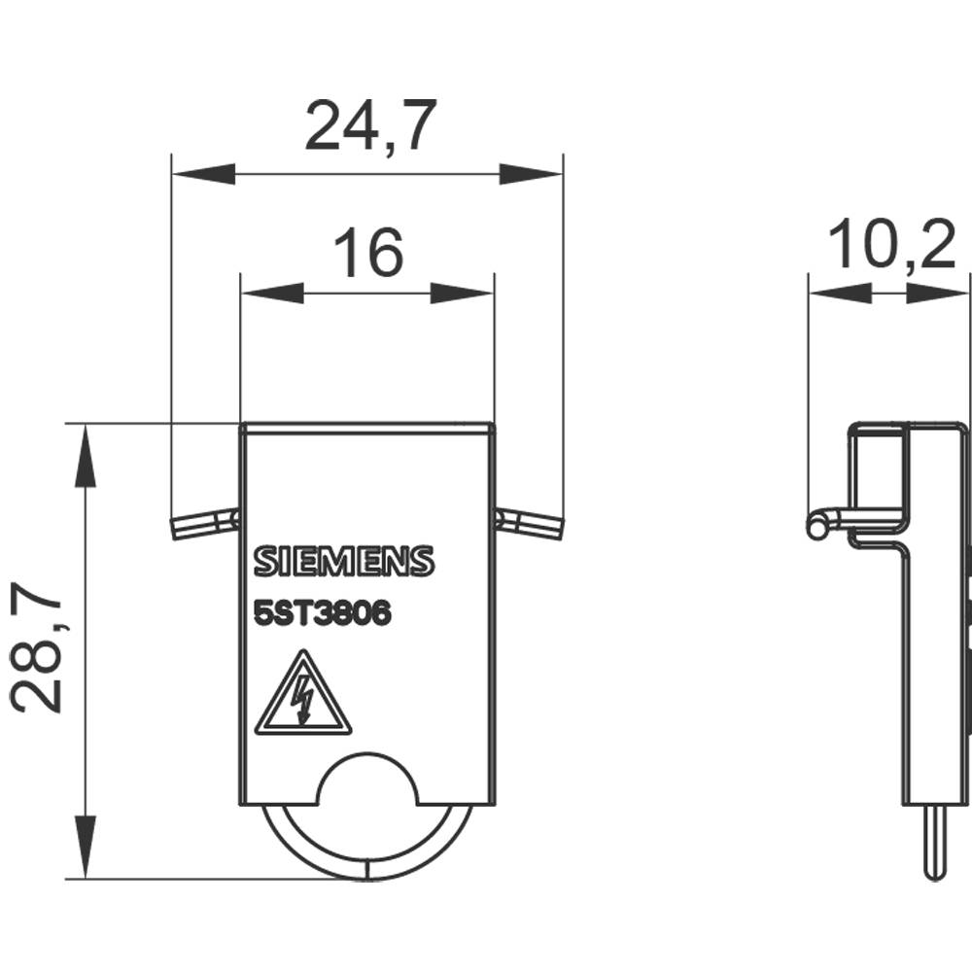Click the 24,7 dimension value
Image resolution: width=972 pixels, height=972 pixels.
tap(365, 126)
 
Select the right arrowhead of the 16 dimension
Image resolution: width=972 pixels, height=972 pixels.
tap(463, 293)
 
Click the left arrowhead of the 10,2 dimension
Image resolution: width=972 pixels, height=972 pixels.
tap(840, 293)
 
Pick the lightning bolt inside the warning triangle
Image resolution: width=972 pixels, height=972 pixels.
tap(304, 701)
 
